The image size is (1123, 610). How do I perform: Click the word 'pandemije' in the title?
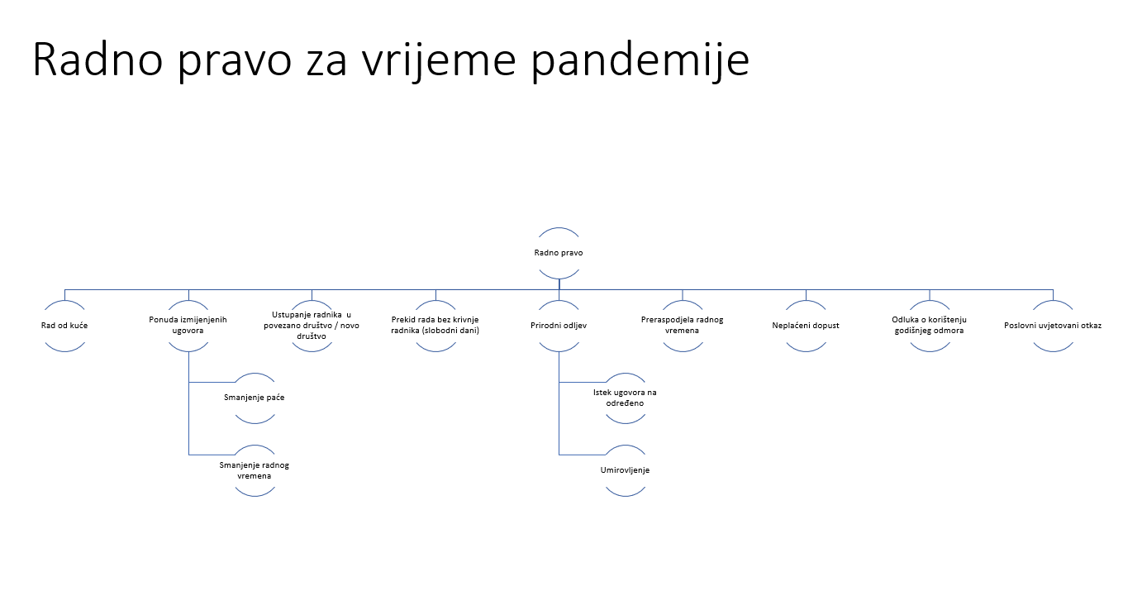640,60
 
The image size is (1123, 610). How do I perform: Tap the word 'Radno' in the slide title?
98,60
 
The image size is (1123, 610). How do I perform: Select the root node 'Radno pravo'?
559,253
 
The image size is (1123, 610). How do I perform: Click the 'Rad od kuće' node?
64,326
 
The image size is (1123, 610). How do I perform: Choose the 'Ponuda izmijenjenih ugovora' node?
188,325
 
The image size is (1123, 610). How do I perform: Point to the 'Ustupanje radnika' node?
312,326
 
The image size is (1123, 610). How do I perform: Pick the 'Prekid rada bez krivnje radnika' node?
435,325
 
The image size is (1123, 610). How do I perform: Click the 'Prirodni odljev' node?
559,326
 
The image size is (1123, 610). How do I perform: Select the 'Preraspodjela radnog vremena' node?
683,325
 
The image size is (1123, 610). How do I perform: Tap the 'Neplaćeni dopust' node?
806,326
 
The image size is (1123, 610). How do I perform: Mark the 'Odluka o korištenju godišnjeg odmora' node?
930,325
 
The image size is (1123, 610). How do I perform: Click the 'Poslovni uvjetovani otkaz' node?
1053,326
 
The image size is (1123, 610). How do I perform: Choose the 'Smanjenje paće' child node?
255,398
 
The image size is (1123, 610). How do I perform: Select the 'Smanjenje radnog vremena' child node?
255,470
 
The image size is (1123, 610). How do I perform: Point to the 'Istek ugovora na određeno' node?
625,398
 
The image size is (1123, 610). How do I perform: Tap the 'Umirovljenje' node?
625,470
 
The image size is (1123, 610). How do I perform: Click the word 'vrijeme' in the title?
439,60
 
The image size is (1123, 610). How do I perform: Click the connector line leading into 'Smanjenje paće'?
212,382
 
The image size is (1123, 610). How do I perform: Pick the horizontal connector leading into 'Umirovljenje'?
583,455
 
